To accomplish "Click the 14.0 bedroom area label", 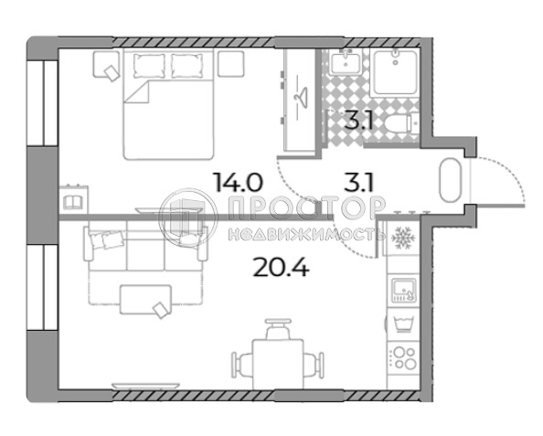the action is pos(239,183).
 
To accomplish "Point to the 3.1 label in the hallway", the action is pos(358,183).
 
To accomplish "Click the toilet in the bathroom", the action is pos(401,124).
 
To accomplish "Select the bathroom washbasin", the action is pos(345,61).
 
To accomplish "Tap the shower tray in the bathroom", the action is pos(395,72).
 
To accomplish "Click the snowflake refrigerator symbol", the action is pos(403,238).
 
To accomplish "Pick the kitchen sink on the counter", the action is pos(403,290).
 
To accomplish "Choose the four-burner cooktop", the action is pos(404,358).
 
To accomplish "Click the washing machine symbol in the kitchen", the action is pos(403,324).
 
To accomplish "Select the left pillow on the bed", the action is pos(149,66).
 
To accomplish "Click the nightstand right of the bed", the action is pos(231,63).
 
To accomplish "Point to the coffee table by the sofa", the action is pos(145,300).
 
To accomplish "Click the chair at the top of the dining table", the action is pos(278,329).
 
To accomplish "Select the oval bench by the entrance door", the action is pos(450,180).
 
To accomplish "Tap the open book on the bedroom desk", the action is pos(73,202).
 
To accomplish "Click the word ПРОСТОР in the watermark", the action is pos(307,207).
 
